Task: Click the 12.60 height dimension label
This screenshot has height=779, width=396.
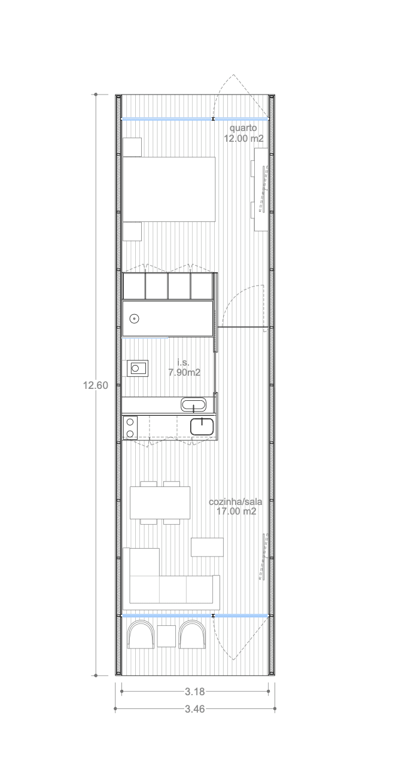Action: click(96, 385)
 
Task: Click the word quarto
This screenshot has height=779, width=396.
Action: click(243, 128)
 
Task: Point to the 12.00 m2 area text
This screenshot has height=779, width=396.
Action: click(243, 138)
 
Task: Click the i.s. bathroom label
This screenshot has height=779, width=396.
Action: click(183, 363)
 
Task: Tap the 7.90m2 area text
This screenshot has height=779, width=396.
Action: click(184, 373)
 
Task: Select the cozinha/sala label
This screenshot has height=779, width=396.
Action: click(235, 502)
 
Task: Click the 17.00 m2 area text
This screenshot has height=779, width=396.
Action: click(236, 511)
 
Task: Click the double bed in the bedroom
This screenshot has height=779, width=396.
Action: click(169, 189)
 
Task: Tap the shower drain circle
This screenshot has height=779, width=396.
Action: click(134, 318)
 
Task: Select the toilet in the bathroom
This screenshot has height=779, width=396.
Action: click(138, 369)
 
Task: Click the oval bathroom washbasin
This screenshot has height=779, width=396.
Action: click(193, 405)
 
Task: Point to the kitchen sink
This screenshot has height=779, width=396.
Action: click(202, 427)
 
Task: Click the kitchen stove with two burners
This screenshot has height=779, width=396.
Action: click(130, 428)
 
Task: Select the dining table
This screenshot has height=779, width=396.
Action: click(160, 503)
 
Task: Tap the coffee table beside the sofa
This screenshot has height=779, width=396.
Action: click(207, 547)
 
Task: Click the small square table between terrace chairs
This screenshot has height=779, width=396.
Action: click(166, 636)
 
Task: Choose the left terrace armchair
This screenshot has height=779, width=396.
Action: click(141, 635)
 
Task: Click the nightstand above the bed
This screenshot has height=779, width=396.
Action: click(132, 147)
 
